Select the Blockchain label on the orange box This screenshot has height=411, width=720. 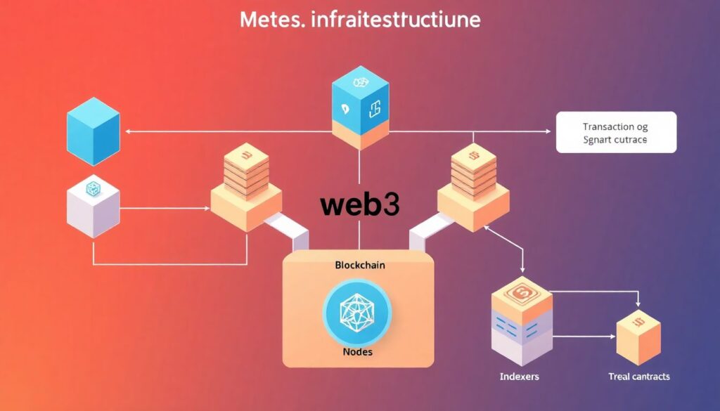point(359,266)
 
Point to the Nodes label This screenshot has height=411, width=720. point(359,351)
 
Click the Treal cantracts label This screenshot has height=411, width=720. point(638,377)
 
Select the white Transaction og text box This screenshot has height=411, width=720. point(615,133)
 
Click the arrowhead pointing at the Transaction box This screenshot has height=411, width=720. point(548,131)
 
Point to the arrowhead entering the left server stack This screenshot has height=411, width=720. point(209,208)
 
